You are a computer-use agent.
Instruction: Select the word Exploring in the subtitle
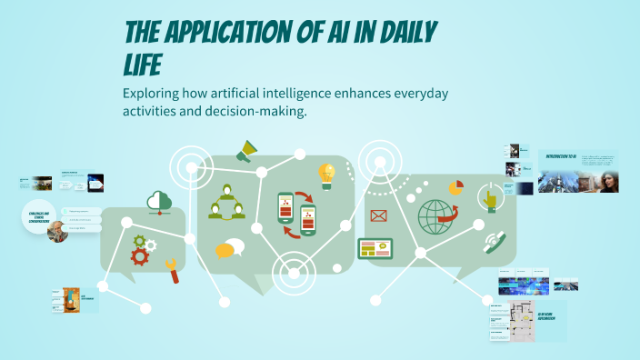coord(157,95)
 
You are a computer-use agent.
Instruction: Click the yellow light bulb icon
coord(325,174)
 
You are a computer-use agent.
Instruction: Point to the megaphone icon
coord(246,151)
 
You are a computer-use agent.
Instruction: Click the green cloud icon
coord(159,202)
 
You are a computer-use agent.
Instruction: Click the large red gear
coord(140,256)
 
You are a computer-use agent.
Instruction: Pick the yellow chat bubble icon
coord(229,249)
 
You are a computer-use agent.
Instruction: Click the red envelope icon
coord(378,215)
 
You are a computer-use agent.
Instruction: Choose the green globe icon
coord(435,217)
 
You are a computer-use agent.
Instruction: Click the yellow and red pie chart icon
coord(455,188)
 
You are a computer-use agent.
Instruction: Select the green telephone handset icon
coord(494,243)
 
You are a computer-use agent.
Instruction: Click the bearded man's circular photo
coord(57,231)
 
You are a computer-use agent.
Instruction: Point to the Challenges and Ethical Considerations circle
coord(38,215)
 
